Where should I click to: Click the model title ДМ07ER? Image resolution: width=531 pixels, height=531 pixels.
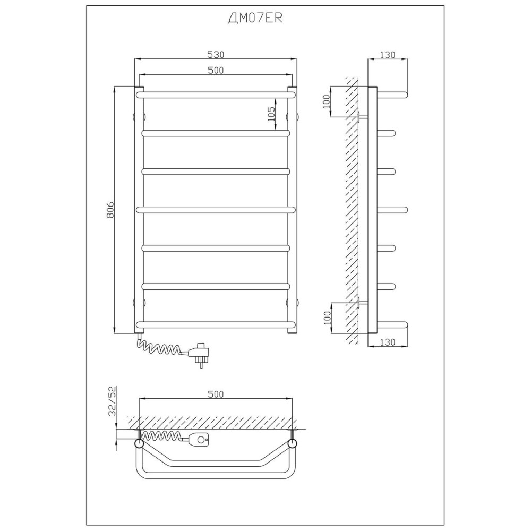click(x=255, y=18)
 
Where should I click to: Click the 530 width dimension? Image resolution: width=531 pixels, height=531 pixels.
click(x=216, y=54)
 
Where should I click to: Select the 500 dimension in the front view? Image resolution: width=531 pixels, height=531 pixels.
click(x=216, y=70)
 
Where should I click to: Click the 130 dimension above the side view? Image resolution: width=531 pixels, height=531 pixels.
click(x=387, y=55)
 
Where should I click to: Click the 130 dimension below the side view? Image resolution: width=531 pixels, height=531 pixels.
click(x=387, y=342)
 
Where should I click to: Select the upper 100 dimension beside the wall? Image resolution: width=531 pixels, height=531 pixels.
click(x=327, y=101)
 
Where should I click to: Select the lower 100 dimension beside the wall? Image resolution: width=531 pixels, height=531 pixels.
click(x=327, y=318)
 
